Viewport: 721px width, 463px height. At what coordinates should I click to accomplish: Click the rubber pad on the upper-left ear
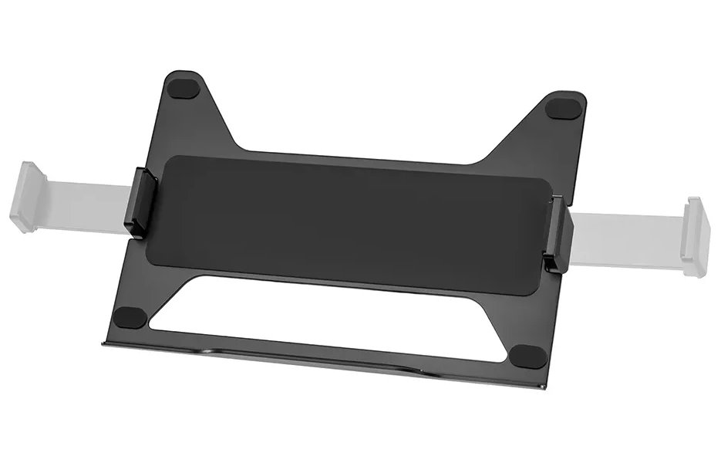click(x=185, y=87)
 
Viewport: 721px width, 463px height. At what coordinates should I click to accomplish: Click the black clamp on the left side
click(x=140, y=201)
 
